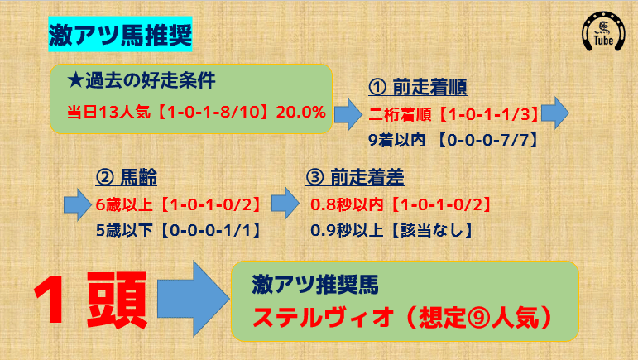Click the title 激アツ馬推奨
(121, 35)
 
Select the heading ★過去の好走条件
(141, 81)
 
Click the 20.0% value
(301, 112)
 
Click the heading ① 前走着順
(422, 89)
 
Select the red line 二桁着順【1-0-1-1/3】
(454, 114)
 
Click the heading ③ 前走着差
(355, 177)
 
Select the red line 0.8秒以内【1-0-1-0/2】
(401, 203)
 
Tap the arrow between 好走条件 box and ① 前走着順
(349, 112)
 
